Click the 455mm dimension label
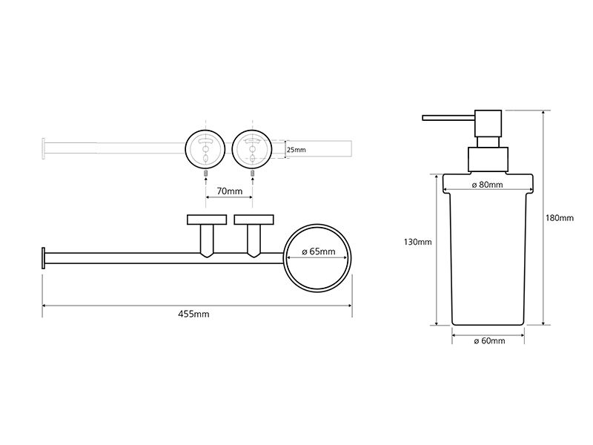coord(193,314)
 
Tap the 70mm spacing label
coord(230,191)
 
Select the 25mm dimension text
coord(296,150)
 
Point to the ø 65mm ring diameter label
coord(319,251)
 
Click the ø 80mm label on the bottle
coord(488,185)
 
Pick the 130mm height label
coord(417,242)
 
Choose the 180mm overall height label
coord(560,218)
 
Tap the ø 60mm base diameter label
coord(489,341)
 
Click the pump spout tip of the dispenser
coord(424,118)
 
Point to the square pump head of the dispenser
coord(488,123)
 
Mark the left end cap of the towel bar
coord(44,258)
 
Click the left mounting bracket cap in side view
coord(207,220)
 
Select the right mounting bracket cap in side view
coord(254,220)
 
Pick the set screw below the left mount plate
coord(206,174)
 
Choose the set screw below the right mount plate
coord(252,174)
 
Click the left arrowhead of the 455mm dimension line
coord(44,306)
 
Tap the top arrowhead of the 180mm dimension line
coord(543,113)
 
